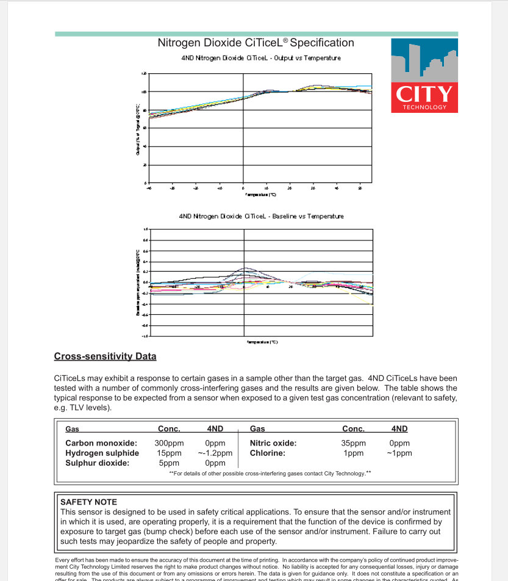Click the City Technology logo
pos(424,75)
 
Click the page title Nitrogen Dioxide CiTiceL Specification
pos(256,43)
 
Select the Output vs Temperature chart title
pos(261,58)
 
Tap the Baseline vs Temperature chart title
pos(261,216)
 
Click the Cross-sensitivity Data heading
pos(105,356)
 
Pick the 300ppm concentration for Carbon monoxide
pos(169,443)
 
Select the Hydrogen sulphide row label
pos(102,453)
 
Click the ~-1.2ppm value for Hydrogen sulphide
pos(215,453)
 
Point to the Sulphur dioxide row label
pos(98,463)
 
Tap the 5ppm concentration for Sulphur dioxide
pos(169,463)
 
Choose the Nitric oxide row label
pos(273,443)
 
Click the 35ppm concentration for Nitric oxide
pos(354,443)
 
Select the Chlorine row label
pos(268,453)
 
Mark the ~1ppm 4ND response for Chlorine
pos(399,453)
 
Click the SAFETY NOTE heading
pos(88,502)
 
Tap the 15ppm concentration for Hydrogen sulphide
pos(169,453)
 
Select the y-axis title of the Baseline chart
pos(138,282)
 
